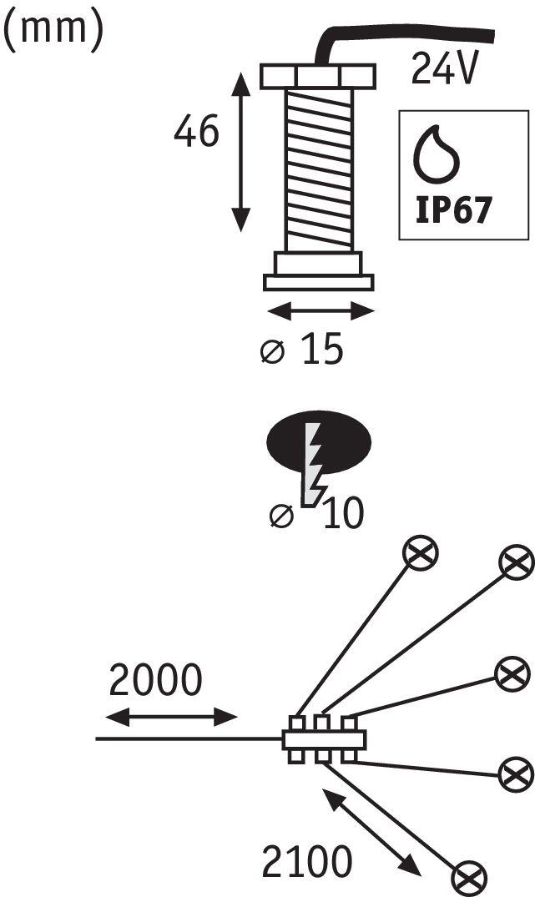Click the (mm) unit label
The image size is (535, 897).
click(x=53, y=30)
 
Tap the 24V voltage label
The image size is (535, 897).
click(x=444, y=68)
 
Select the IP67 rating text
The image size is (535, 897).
click(x=453, y=210)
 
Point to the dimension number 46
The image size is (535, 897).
click(x=196, y=131)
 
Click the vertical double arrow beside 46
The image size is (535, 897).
click(x=241, y=152)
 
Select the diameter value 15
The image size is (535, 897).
click(x=322, y=349)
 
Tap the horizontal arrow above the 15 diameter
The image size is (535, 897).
click(x=320, y=312)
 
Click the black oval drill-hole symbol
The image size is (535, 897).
click(x=319, y=441)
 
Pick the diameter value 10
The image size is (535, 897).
click(x=343, y=513)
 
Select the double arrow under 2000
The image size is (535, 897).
click(x=171, y=716)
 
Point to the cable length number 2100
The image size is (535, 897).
click(x=307, y=861)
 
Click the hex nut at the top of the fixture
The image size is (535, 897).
click(x=318, y=77)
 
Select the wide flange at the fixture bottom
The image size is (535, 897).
click(x=319, y=283)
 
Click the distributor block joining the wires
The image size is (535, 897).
click(x=324, y=739)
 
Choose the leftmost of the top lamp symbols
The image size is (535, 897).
click(x=421, y=553)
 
